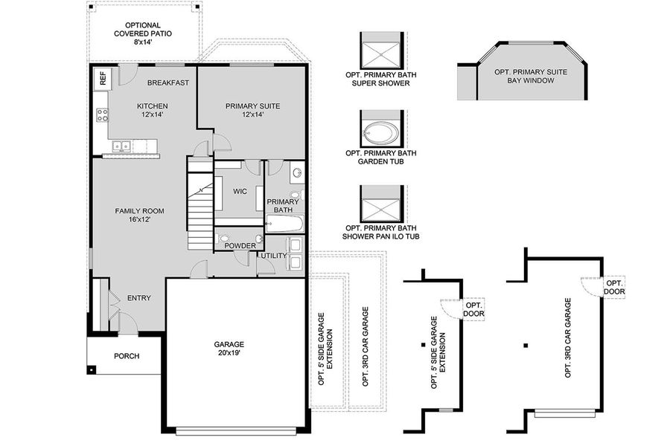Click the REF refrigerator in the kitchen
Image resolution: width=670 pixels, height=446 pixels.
pos(103,78)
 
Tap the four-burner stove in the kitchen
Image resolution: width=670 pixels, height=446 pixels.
pos(102,114)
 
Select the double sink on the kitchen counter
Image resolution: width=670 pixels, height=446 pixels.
pos(121,146)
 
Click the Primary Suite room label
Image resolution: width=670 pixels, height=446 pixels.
pos(252,110)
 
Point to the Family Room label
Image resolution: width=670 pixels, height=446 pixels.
pos(139,215)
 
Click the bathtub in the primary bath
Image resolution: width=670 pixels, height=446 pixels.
pos(284,224)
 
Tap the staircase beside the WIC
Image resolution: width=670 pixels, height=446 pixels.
pos(200,204)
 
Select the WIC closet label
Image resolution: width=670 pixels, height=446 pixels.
pos(240,192)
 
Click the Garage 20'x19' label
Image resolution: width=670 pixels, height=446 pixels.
pos(229,349)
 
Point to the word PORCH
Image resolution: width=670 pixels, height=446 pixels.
pos(127,356)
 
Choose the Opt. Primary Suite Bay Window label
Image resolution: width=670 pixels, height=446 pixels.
pos(531,76)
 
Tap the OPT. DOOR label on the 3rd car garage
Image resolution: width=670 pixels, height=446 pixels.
pos(614,287)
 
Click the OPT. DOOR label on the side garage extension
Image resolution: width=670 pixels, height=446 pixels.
pos(473,309)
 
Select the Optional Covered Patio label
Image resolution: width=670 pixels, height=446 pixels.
pos(143,33)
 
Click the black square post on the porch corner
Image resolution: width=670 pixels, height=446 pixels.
pos(91,369)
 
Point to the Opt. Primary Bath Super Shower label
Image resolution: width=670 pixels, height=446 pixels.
pos(380,79)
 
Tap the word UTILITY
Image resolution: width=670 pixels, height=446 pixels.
pos(274,256)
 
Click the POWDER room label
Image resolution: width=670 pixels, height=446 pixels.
pos(240,246)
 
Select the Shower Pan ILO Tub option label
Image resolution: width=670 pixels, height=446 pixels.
pos(380,232)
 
